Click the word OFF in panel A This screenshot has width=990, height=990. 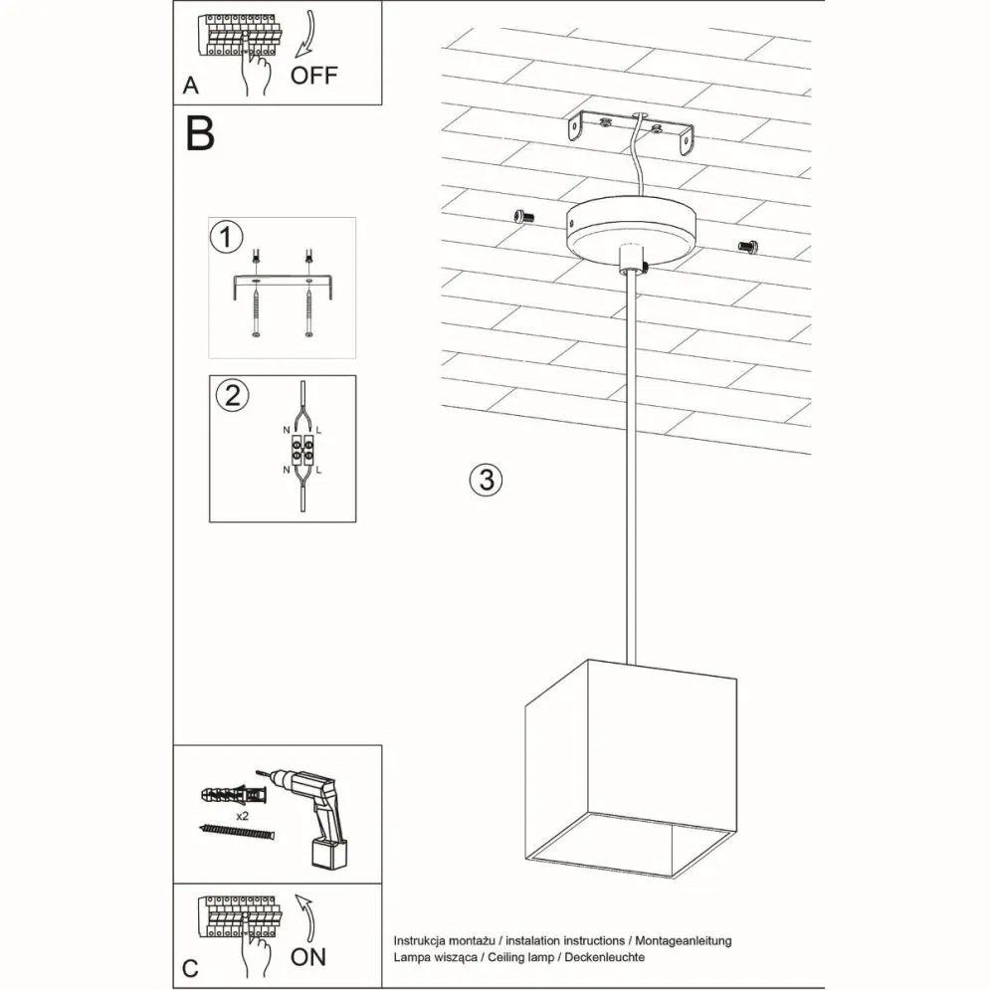(313, 75)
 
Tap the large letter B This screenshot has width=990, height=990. (200, 134)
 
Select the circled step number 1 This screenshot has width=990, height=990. (227, 238)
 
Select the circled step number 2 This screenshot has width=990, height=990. (232, 395)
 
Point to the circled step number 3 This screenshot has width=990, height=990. (485, 480)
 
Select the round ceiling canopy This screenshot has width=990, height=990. (632, 231)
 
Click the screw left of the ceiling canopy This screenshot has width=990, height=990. (522, 216)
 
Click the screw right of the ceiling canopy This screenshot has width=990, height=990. (748, 245)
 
